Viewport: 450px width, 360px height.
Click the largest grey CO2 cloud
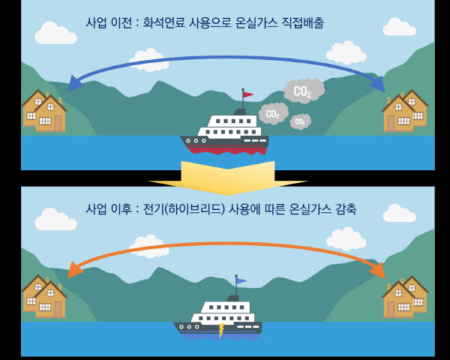[x=303, y=91]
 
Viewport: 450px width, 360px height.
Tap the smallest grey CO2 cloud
[x=300, y=121]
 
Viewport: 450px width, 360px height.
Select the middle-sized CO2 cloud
[x=273, y=114]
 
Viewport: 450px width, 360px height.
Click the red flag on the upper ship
[x=247, y=94]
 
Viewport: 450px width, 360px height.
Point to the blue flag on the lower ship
[x=241, y=281]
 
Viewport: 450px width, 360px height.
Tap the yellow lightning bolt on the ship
[x=221, y=330]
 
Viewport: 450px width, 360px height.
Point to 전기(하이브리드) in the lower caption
[x=188, y=208]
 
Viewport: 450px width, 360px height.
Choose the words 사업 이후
[x=109, y=208]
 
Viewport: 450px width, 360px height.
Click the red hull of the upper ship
[x=224, y=148]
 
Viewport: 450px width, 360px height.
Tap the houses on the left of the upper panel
[x=43, y=111]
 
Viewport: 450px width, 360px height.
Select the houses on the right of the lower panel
[x=405, y=297]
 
